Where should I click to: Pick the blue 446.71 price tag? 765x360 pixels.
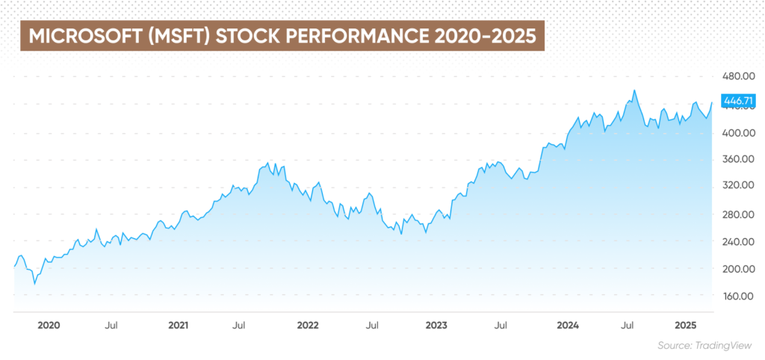pyautogui.click(x=737, y=99)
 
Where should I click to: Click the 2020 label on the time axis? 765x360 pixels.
pyautogui.click(x=49, y=326)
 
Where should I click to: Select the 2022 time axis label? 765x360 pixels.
pyautogui.click(x=308, y=326)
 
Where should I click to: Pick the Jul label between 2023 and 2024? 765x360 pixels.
pyautogui.click(x=501, y=326)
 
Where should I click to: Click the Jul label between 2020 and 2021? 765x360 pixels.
pyautogui.click(x=111, y=326)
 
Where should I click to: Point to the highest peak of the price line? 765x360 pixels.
pyautogui.click(x=634, y=91)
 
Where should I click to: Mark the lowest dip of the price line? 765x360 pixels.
pyautogui.click(x=34, y=284)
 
